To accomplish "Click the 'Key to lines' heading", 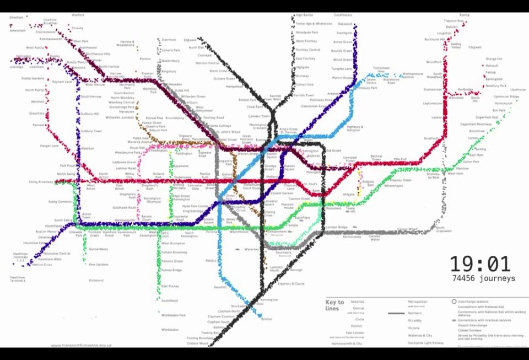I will pyautogui.click(x=335, y=304).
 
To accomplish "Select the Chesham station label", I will pyautogui.click(x=16, y=18).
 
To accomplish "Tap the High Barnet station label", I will pyautogui.click(x=304, y=15).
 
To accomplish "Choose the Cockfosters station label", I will pyautogui.click(x=343, y=15).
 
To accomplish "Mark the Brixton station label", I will pyautogui.click(x=267, y=319).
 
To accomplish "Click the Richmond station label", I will pyautogui.click(x=96, y=280).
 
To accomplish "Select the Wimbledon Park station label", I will pyautogui.click(x=174, y=315).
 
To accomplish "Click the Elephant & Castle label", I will pyautogui.click(x=292, y=284).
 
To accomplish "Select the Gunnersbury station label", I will pyautogui.click(x=98, y=249).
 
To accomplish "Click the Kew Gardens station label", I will pyautogui.click(x=99, y=265).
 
